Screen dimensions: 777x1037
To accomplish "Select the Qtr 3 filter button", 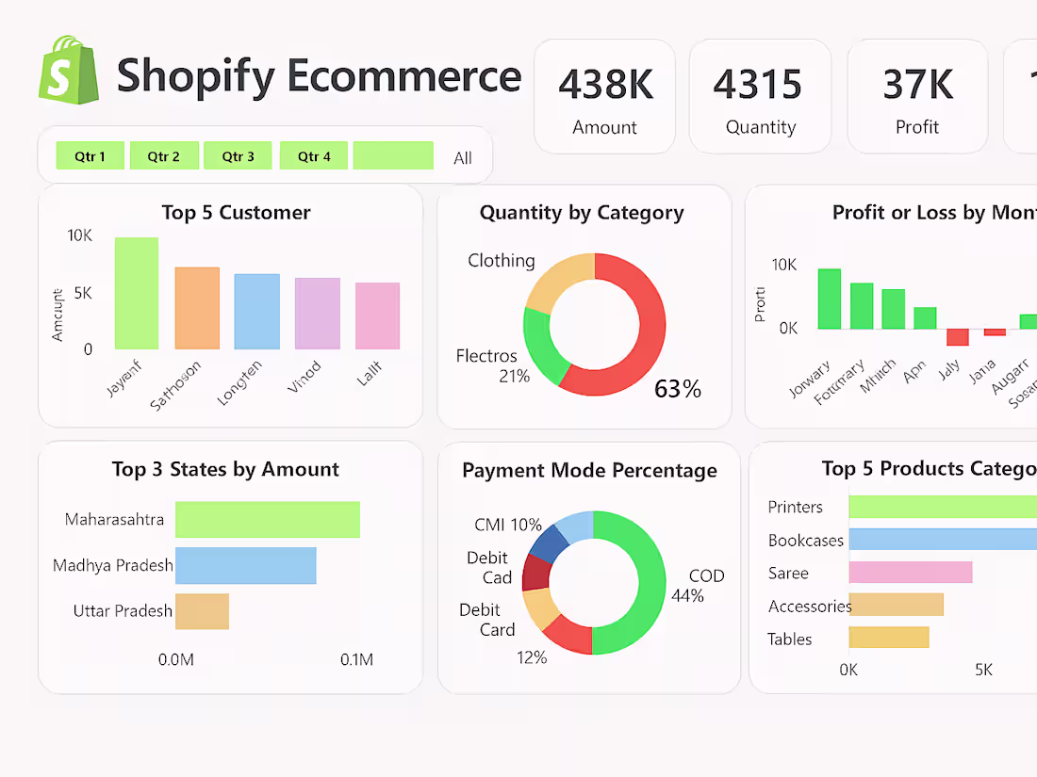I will pos(238,156).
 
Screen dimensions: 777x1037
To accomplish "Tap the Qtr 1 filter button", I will pos(90,156).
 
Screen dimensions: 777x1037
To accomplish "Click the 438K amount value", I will pos(605,85).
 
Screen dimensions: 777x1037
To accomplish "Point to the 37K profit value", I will pos(917,85).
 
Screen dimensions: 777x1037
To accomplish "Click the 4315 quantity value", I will pos(758,85).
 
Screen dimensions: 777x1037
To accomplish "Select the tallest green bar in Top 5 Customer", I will pos(137,293).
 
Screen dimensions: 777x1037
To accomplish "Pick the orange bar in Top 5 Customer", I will pos(197,308).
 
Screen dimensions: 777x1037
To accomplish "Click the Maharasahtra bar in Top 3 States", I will pos(268,520).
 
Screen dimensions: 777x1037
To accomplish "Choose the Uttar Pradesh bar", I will pos(202,611).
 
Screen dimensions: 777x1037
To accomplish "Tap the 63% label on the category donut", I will pos(678,389).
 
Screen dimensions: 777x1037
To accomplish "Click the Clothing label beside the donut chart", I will pos(501,261).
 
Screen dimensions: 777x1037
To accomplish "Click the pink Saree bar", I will pos(910,573).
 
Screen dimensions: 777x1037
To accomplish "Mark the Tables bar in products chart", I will pos(888,638).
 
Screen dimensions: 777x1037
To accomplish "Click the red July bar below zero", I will pos(957,337).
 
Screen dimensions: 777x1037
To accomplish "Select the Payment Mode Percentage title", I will pos(589,470).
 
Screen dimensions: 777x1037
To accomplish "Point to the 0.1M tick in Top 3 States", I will pos(356,660).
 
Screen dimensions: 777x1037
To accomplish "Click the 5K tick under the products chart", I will pos(983,670).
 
